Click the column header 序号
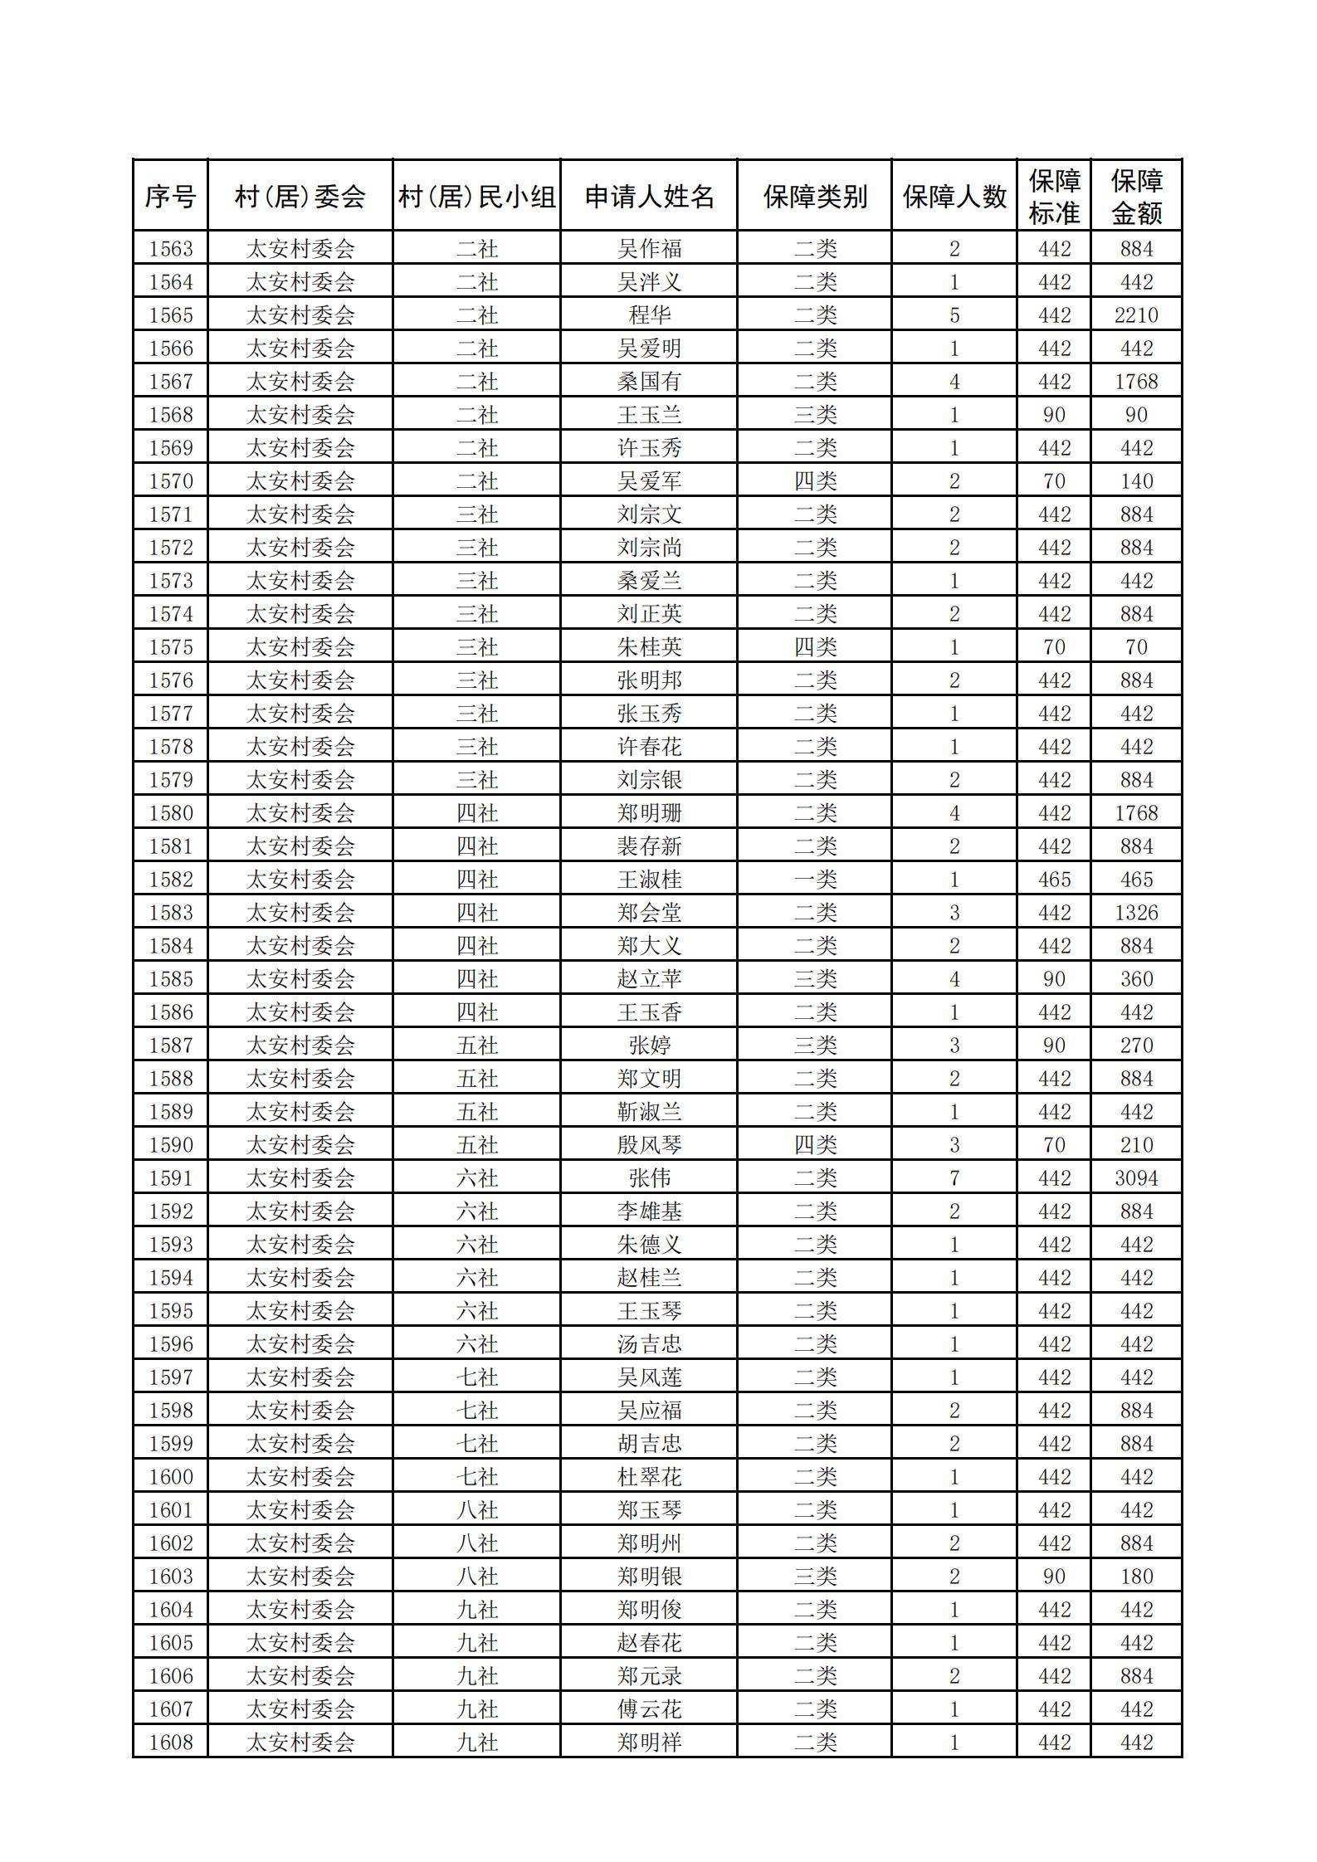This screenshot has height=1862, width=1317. (x=170, y=197)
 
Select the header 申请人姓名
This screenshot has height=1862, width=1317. (x=649, y=197)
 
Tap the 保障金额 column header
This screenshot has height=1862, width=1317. (x=1136, y=197)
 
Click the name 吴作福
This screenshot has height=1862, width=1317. (x=649, y=249)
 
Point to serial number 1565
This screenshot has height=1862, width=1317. (x=170, y=315)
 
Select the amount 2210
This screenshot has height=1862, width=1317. (x=1136, y=315)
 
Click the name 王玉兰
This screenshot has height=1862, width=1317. (x=649, y=415)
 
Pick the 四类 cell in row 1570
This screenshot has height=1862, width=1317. (x=815, y=481)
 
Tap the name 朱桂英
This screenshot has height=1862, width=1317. (x=649, y=647)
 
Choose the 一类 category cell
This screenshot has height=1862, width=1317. (x=815, y=880)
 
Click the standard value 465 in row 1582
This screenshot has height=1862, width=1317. (x=1054, y=880)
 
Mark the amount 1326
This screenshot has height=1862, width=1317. (x=1136, y=913)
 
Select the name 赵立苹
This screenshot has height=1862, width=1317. (x=649, y=979)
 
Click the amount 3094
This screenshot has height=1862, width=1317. (x=1136, y=1178)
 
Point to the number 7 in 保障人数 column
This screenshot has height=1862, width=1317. (x=954, y=1178)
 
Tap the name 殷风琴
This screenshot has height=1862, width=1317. (x=649, y=1145)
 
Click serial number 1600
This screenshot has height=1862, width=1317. (x=170, y=1477)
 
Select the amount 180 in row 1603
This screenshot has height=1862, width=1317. (x=1136, y=1577)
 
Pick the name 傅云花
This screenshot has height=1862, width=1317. (x=649, y=1709)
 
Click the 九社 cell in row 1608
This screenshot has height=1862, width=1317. (x=477, y=1743)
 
